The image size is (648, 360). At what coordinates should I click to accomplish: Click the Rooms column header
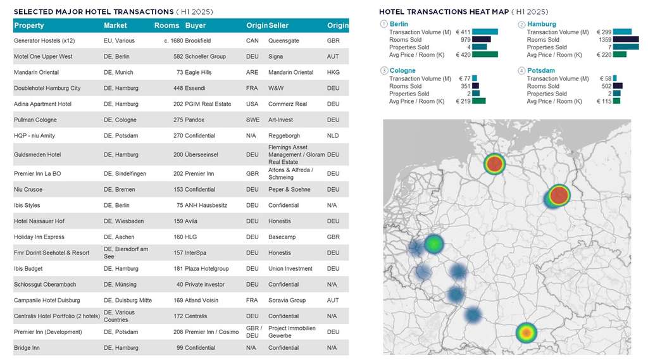click(x=166, y=25)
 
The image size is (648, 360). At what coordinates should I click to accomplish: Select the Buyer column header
click(x=196, y=25)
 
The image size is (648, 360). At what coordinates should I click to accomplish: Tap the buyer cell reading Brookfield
click(x=199, y=40)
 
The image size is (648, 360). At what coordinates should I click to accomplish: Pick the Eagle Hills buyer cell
click(x=198, y=72)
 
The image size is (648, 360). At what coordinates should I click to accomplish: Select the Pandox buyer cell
click(x=195, y=120)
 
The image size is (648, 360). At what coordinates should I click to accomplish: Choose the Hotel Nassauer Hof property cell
click(x=39, y=221)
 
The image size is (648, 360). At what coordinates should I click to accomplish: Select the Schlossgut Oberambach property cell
click(x=44, y=284)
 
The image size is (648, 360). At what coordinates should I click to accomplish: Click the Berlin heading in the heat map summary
click(x=399, y=24)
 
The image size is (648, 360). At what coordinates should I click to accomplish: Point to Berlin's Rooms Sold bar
click(x=482, y=39)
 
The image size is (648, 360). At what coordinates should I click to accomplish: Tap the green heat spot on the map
click(x=433, y=243)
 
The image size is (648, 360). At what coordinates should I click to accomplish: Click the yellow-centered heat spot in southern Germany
click(x=525, y=332)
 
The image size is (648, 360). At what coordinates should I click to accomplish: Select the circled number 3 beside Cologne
click(x=383, y=71)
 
